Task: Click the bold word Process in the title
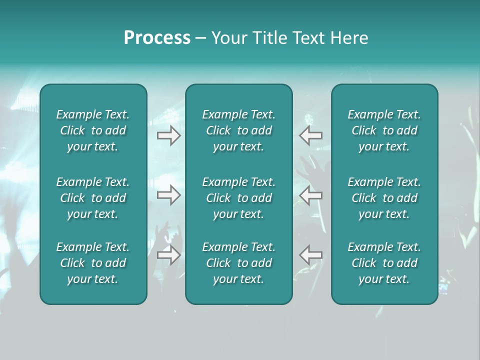tap(157, 38)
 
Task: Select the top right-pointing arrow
tap(168, 135)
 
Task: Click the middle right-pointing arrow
tap(168, 195)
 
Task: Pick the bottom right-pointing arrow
tap(168, 255)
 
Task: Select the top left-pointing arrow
tap(311, 135)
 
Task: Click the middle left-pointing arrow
tap(311, 195)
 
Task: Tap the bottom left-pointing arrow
tap(311, 255)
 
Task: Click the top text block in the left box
tap(93, 130)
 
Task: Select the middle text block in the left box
tap(93, 198)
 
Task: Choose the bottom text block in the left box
tap(93, 263)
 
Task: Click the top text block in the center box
tap(238, 130)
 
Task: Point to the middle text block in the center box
tap(238, 198)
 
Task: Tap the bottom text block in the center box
tap(238, 263)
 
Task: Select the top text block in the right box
tap(384, 130)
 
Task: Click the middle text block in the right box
tap(384, 198)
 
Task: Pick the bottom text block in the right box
tap(384, 263)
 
